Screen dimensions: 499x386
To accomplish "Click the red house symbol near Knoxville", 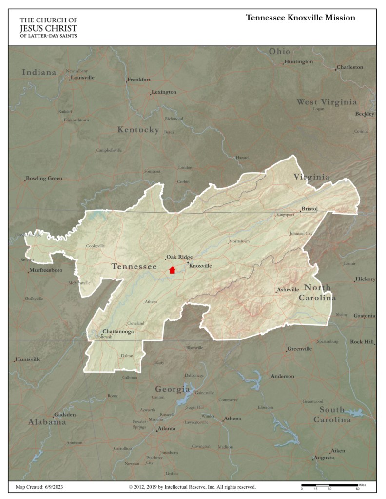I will click(x=172, y=270).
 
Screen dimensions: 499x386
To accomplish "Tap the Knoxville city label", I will click(x=200, y=266).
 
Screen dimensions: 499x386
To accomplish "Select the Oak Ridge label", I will click(x=179, y=257).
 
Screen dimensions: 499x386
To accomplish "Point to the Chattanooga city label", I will click(x=118, y=331).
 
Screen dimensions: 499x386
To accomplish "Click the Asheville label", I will click(x=288, y=290).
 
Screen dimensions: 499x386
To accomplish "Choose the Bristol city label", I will click(x=309, y=209).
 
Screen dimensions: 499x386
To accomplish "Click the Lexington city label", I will click(x=164, y=92).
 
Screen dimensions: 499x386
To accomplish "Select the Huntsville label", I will click(x=28, y=359).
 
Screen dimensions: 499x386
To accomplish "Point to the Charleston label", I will click(x=350, y=67).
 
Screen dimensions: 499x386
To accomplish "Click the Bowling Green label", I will click(x=44, y=178).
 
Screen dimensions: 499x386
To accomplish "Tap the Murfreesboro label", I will click(x=46, y=270).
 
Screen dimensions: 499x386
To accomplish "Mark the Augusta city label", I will click(x=324, y=458).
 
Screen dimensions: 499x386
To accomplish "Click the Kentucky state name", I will click(x=138, y=130).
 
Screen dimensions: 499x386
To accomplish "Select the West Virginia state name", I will click(x=327, y=102).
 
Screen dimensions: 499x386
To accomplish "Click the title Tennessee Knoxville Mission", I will click(x=300, y=18).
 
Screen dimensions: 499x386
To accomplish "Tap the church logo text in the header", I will click(x=48, y=27).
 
